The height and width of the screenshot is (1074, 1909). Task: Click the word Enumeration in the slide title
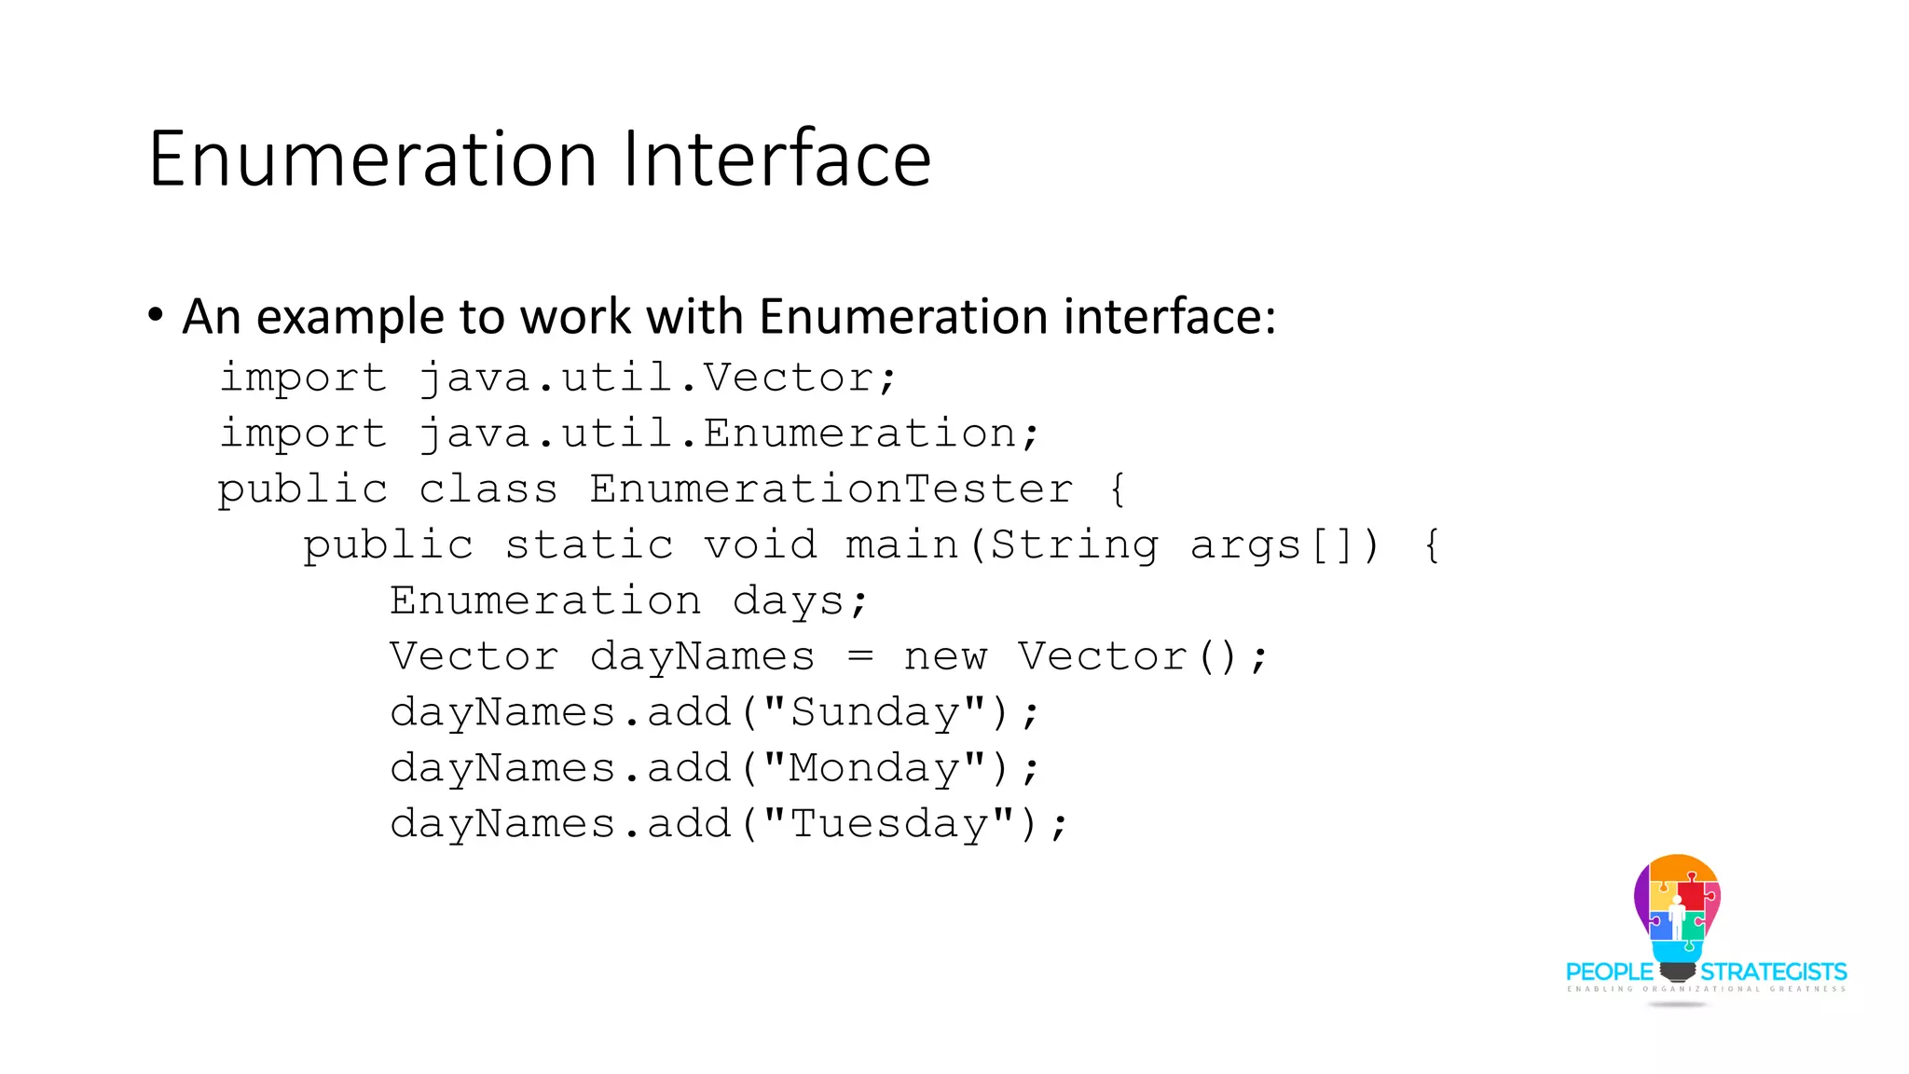[372, 159]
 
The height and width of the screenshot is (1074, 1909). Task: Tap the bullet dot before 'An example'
[156, 314]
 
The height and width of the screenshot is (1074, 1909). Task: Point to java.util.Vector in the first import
[657, 379]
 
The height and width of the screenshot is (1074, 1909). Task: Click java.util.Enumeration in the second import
[728, 434]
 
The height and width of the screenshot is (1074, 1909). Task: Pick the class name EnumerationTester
[831, 489]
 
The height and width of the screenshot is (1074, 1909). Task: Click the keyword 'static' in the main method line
[588, 545]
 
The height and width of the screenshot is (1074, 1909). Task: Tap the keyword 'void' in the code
[760, 545]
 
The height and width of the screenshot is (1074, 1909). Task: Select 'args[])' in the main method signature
[1284, 545]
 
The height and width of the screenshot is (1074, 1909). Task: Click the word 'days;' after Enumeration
[800, 601]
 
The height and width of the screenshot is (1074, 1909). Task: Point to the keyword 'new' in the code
[945, 657]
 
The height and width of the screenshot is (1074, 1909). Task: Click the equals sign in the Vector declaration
[860, 657]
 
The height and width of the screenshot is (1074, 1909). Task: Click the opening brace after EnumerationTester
[1118, 489]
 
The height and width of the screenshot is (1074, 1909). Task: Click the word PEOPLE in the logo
[1609, 972]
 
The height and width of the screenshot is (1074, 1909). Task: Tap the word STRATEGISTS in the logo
[1773, 972]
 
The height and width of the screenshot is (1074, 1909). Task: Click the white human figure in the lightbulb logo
[1677, 917]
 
